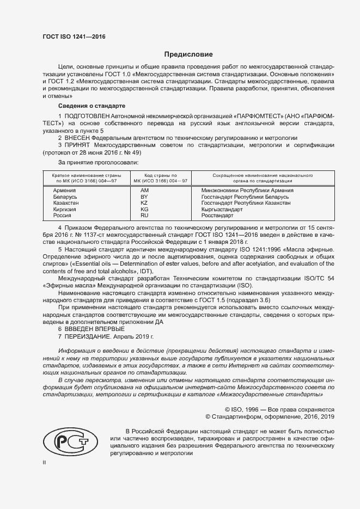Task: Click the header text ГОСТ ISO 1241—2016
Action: [74, 36]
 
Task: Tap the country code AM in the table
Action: [144, 191]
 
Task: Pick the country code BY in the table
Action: [144, 197]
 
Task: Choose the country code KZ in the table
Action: [144, 203]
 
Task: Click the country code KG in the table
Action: [144, 209]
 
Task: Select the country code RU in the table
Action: [144, 216]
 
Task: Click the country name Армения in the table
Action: [65, 191]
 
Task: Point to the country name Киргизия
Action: [65, 209]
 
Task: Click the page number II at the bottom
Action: [45, 462]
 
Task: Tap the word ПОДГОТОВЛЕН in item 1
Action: [87, 116]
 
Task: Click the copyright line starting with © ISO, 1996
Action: [279, 409]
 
